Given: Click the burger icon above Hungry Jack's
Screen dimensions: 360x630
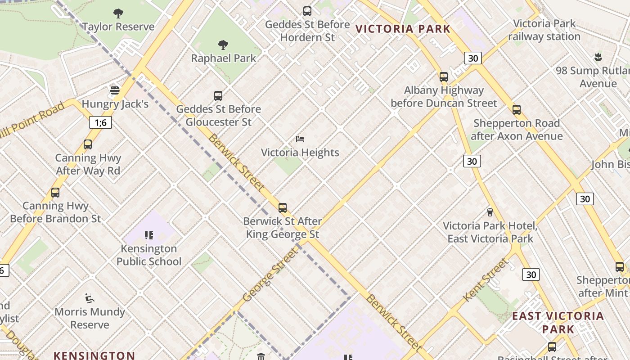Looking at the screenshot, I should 115,90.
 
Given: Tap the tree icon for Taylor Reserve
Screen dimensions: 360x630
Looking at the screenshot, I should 118,13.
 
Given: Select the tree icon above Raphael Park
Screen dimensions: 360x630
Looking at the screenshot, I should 223,45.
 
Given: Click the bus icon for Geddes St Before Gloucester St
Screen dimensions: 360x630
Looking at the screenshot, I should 218,95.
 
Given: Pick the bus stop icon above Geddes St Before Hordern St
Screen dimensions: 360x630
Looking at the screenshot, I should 307,11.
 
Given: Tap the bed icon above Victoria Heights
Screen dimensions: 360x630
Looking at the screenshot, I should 300,139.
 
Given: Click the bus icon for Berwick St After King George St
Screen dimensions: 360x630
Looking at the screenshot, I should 283,207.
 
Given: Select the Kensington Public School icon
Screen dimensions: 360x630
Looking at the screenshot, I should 149,235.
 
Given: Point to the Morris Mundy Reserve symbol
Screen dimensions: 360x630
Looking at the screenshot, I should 90,298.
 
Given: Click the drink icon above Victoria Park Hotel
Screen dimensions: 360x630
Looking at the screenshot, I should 490,212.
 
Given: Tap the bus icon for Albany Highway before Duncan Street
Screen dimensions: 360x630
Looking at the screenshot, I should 444,76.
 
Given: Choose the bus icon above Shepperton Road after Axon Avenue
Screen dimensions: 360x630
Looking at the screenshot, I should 517,109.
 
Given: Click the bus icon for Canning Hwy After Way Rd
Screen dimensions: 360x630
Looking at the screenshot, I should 88,144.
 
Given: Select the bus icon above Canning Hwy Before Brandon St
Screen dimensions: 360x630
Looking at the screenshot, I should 55,192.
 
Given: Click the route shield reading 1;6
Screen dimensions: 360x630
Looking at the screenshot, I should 100,122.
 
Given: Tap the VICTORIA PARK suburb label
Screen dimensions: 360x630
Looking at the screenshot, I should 403,29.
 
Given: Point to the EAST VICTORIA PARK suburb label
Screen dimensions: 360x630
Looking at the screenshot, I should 558,322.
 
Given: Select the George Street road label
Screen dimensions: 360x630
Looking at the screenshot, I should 270,274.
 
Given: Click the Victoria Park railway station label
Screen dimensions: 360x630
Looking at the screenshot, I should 544,30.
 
